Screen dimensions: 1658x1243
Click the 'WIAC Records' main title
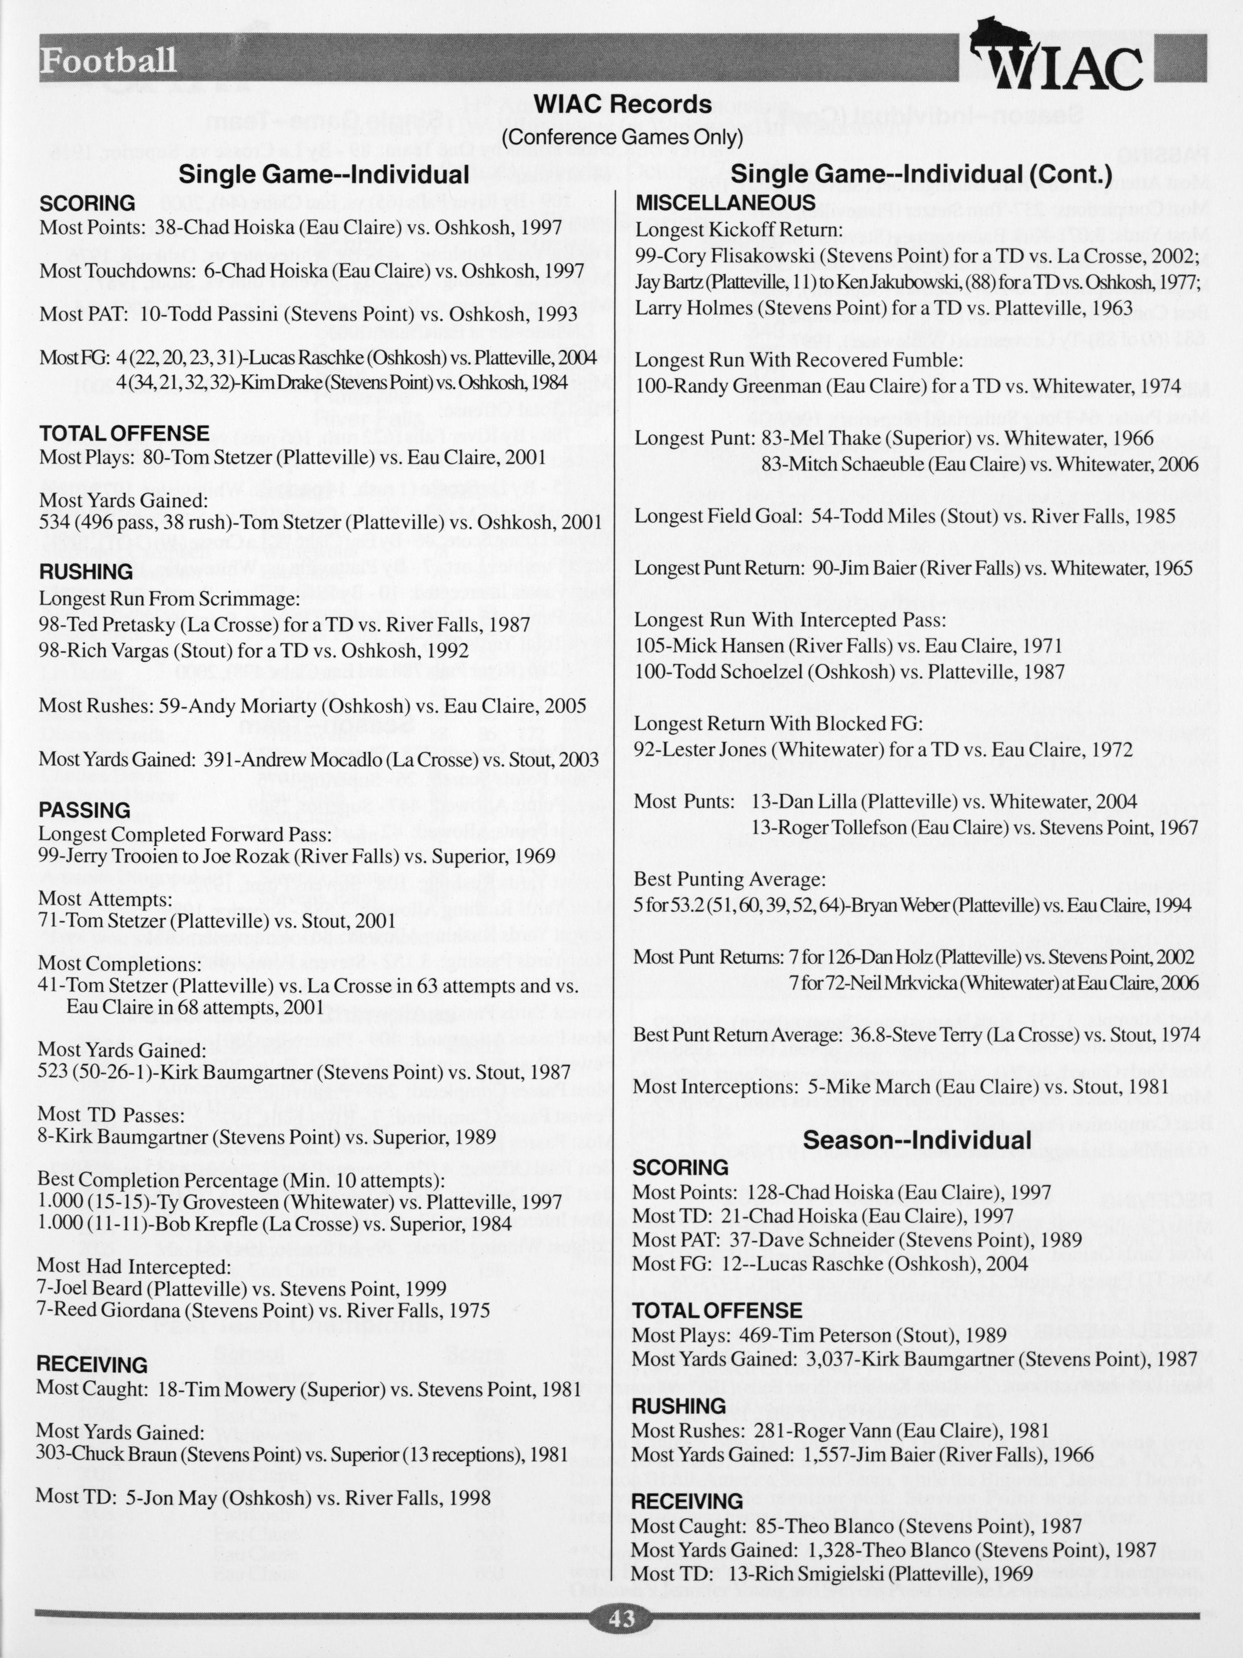click(x=621, y=104)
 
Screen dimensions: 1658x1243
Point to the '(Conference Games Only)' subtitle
click(x=621, y=137)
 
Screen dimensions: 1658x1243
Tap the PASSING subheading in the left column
click(x=84, y=810)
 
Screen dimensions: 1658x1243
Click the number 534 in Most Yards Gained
click(x=55, y=522)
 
